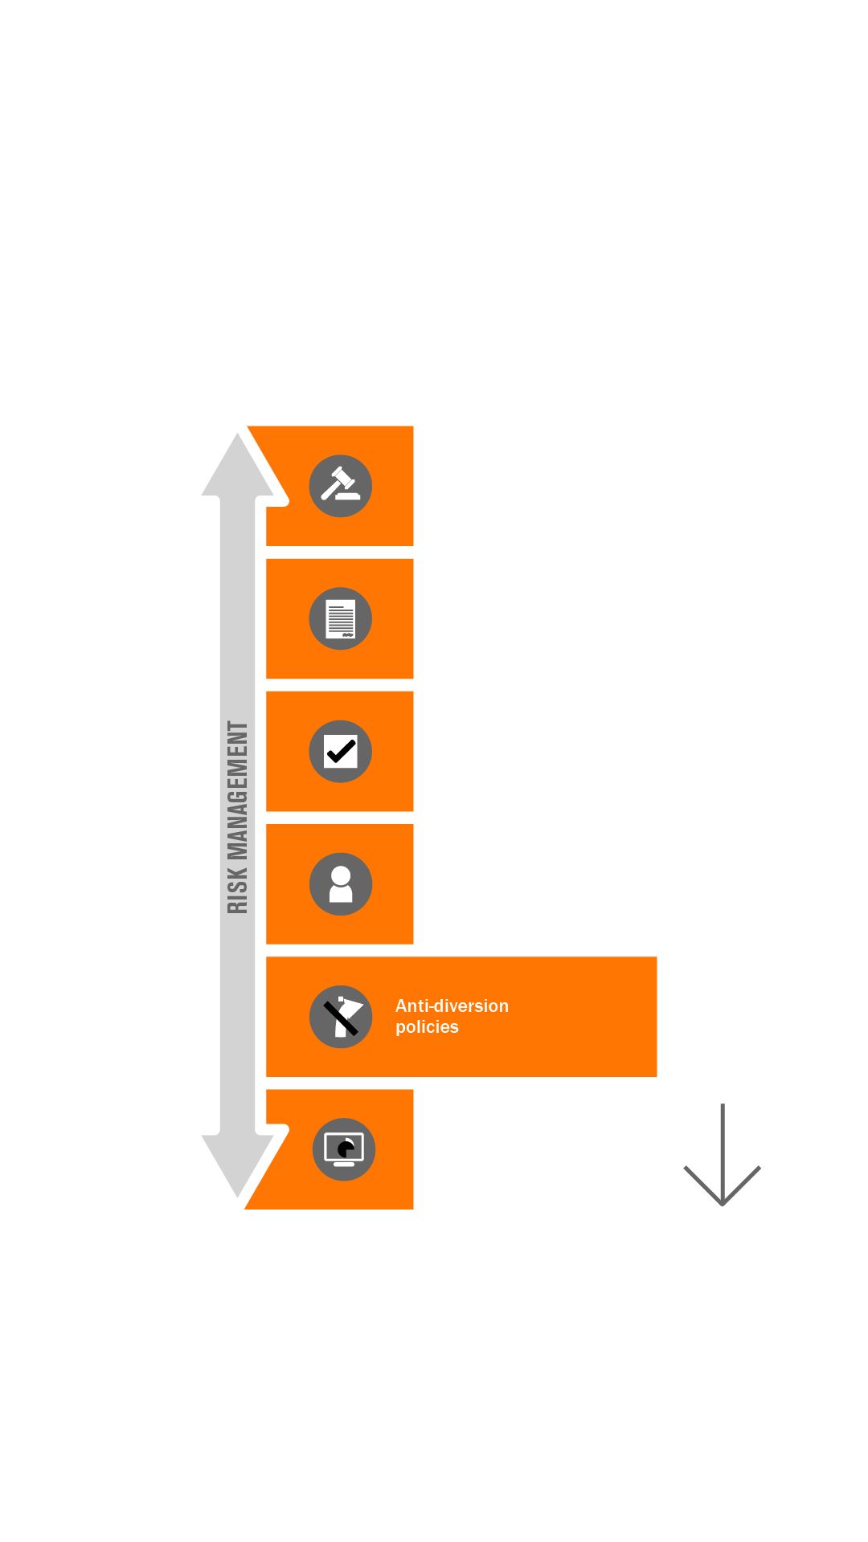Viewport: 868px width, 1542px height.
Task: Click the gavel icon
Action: [341, 485]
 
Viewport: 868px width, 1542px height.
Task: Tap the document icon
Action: [341, 618]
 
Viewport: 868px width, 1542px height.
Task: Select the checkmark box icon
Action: [341, 752]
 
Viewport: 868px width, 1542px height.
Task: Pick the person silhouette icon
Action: [341, 884]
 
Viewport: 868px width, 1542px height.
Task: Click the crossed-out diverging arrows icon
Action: [341, 1017]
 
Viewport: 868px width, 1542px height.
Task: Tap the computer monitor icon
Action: [344, 1149]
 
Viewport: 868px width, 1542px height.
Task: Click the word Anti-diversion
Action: [452, 1006]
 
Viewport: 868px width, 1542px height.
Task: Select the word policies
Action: [427, 1027]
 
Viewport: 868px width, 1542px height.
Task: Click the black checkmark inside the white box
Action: [341, 752]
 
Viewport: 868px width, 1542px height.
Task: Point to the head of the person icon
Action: [341, 875]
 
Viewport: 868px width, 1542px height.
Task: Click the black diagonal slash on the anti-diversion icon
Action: [340, 1018]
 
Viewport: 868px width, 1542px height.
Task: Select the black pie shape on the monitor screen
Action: [346, 1149]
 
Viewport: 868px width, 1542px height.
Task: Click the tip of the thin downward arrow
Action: [723, 1203]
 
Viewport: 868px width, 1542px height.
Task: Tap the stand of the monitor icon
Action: [344, 1164]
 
